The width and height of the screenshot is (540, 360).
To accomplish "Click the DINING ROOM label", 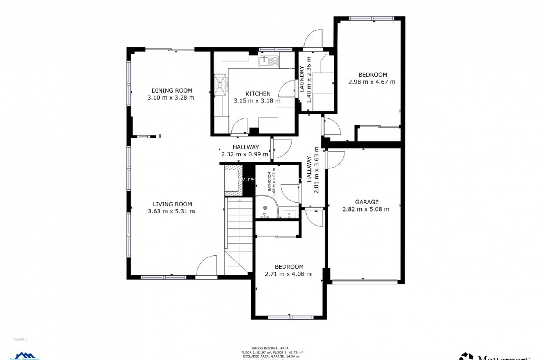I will [172, 90].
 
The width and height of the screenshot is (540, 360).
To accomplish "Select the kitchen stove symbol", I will [220, 85].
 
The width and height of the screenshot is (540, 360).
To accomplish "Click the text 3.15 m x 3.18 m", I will [257, 101].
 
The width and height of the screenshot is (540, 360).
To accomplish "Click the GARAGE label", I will [366, 202].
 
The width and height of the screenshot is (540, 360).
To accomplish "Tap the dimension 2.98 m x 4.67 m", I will [372, 82].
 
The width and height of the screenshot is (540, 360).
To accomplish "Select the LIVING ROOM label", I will [172, 204].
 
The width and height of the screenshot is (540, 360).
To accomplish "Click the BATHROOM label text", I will [269, 181].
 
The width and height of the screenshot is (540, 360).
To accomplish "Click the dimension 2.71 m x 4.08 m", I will [288, 274].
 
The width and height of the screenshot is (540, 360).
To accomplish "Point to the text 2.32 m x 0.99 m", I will [245, 154].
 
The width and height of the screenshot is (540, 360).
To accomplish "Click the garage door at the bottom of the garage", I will [365, 281].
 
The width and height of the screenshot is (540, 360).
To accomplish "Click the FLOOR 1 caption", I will [21, 339].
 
